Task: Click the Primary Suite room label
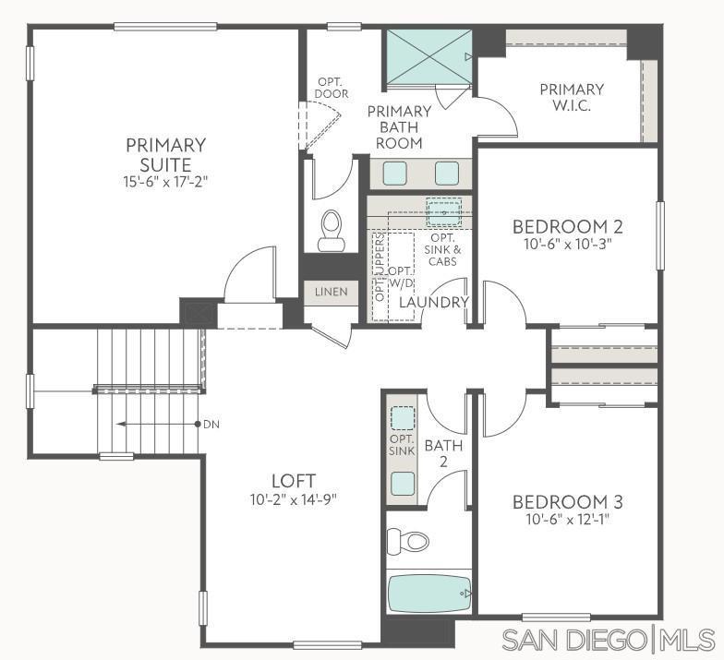[166, 153]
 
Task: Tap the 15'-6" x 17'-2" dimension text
[166, 182]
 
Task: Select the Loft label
[294, 481]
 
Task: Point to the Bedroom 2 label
[568, 226]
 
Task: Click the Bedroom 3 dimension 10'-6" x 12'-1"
[568, 520]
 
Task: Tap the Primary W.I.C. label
[572, 97]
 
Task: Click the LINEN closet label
[331, 292]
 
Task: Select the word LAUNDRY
[435, 303]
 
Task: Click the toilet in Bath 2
[407, 539]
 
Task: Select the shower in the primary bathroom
[427, 58]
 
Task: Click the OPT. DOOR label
[331, 88]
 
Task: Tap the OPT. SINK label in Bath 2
[401, 445]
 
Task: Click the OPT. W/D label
[401, 277]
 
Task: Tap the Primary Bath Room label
[399, 127]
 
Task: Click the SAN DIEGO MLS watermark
[608, 639]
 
